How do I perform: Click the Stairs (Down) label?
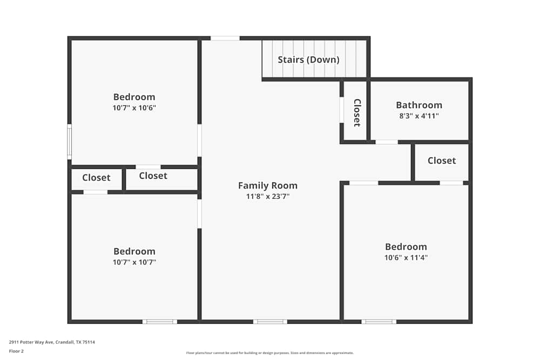(x=308, y=60)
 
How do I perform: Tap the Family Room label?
(x=268, y=186)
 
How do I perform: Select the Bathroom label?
(x=419, y=105)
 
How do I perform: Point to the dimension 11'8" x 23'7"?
(x=268, y=196)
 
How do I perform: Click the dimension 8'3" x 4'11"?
(x=419, y=116)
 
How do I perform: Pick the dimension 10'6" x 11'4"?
(x=406, y=257)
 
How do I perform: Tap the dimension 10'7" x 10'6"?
(x=134, y=108)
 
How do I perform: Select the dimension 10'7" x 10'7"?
(x=134, y=262)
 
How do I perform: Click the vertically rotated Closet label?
(x=357, y=113)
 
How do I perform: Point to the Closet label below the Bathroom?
(x=442, y=161)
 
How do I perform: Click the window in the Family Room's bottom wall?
(x=270, y=322)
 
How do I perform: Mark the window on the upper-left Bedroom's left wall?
(x=69, y=142)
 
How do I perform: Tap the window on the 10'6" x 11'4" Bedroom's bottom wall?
(x=379, y=322)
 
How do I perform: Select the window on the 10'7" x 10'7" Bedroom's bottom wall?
(x=160, y=322)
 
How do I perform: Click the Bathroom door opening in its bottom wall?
(x=387, y=142)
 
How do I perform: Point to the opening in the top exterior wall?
(x=225, y=38)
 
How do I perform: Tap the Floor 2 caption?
(x=16, y=351)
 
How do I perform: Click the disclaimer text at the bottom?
(x=269, y=353)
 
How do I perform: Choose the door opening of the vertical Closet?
(x=342, y=110)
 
